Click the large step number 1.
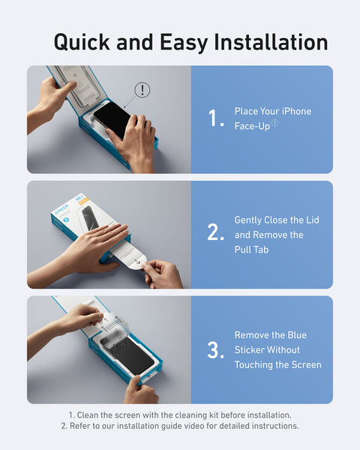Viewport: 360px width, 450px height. (215, 118)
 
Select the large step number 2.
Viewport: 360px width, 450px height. (216, 233)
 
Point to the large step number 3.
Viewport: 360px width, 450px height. (216, 349)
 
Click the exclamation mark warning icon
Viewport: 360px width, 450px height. (142, 90)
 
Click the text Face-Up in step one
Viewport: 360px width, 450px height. (252, 126)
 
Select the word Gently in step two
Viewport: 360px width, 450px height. (249, 220)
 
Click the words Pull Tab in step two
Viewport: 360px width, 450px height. (251, 250)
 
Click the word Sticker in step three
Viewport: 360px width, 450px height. (252, 350)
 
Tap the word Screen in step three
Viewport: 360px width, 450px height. (304, 365)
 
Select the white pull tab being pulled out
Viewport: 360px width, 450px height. (133, 258)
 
